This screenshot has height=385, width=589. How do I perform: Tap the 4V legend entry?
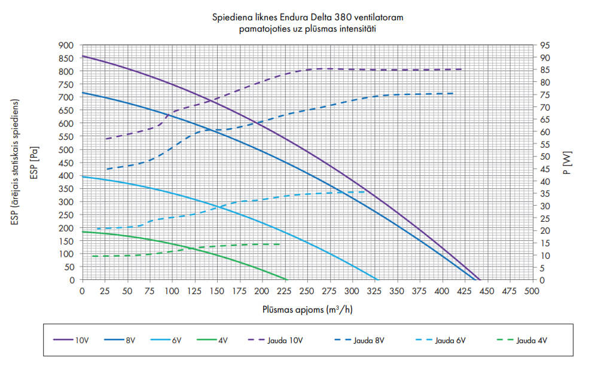click(x=222, y=340)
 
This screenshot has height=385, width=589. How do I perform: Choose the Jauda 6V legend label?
click(x=453, y=340)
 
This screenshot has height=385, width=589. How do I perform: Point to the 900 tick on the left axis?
click(x=66, y=45)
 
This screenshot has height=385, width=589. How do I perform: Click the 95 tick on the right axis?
click(x=544, y=45)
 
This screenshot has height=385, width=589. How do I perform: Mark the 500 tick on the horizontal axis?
click(x=531, y=291)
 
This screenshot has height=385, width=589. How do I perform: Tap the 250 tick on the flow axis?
click(x=307, y=291)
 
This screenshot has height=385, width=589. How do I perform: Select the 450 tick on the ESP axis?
click(x=66, y=163)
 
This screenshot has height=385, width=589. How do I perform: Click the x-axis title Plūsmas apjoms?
click(x=306, y=310)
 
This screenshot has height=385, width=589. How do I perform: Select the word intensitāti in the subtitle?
click(x=356, y=28)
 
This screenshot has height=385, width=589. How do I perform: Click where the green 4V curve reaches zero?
click(x=287, y=279)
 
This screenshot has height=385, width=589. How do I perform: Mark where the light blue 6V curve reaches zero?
click(x=377, y=279)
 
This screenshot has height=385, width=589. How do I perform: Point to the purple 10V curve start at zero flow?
click(x=83, y=56)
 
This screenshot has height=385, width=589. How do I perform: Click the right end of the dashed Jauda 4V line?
click(x=280, y=244)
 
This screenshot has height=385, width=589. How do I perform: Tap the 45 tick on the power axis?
click(x=544, y=169)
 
